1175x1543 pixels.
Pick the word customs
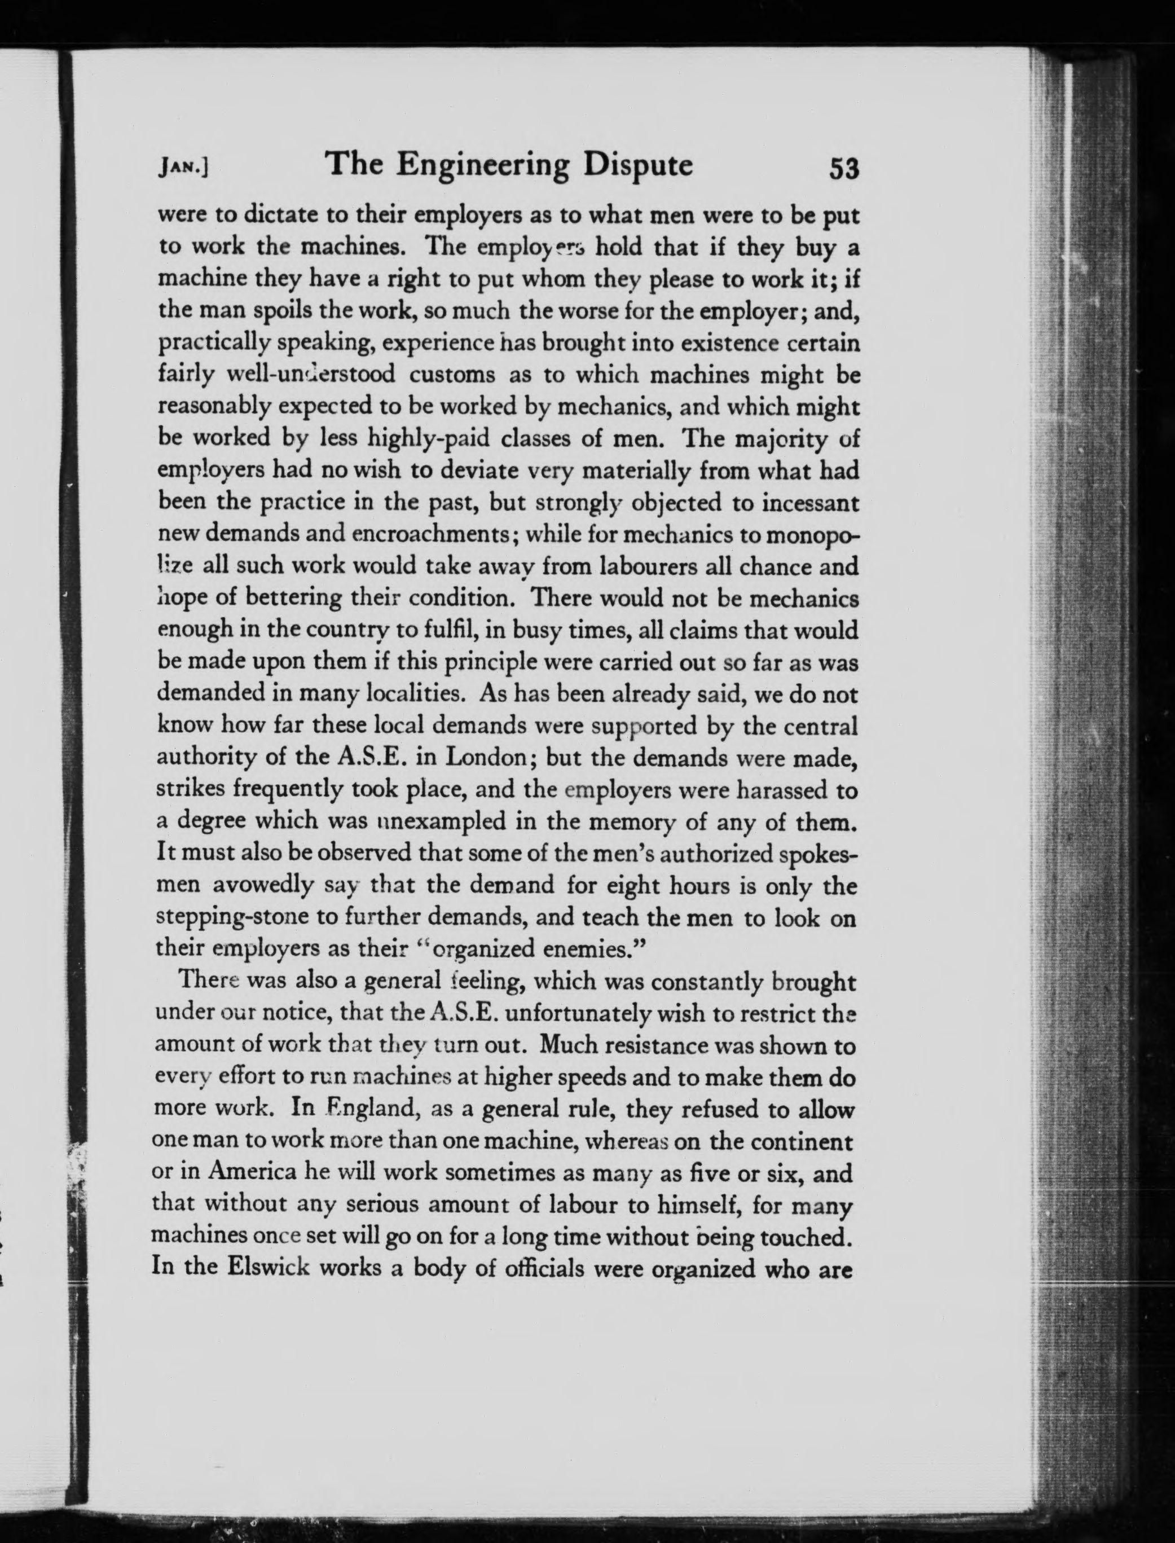pos(452,375)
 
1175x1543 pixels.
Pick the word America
pos(242,1173)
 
